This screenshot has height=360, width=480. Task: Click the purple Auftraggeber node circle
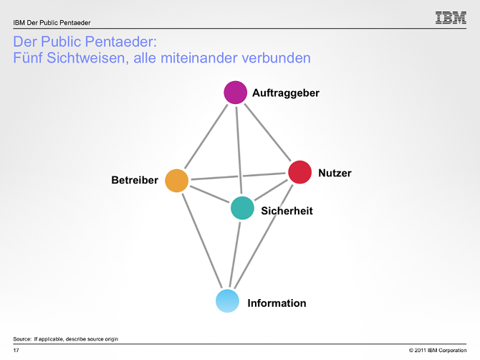click(235, 93)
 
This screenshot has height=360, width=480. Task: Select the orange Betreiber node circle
click(176, 181)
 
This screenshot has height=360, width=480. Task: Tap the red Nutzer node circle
click(299, 172)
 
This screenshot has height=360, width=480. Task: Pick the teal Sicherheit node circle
click(242, 208)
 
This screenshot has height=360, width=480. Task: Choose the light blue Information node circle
click(227, 300)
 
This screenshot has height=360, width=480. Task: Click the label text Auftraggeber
click(285, 93)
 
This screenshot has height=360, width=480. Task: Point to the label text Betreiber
click(135, 180)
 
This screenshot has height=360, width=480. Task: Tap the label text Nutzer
click(335, 173)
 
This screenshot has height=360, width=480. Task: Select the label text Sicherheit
click(287, 211)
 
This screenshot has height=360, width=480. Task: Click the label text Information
click(277, 303)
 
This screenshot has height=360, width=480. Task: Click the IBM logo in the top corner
click(451, 18)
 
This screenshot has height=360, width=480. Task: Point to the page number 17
click(16, 350)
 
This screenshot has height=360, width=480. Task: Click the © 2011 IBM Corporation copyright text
click(437, 350)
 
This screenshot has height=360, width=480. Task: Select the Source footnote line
click(65, 338)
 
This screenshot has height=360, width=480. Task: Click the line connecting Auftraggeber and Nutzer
click(267, 131)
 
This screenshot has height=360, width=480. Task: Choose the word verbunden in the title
click(278, 58)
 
